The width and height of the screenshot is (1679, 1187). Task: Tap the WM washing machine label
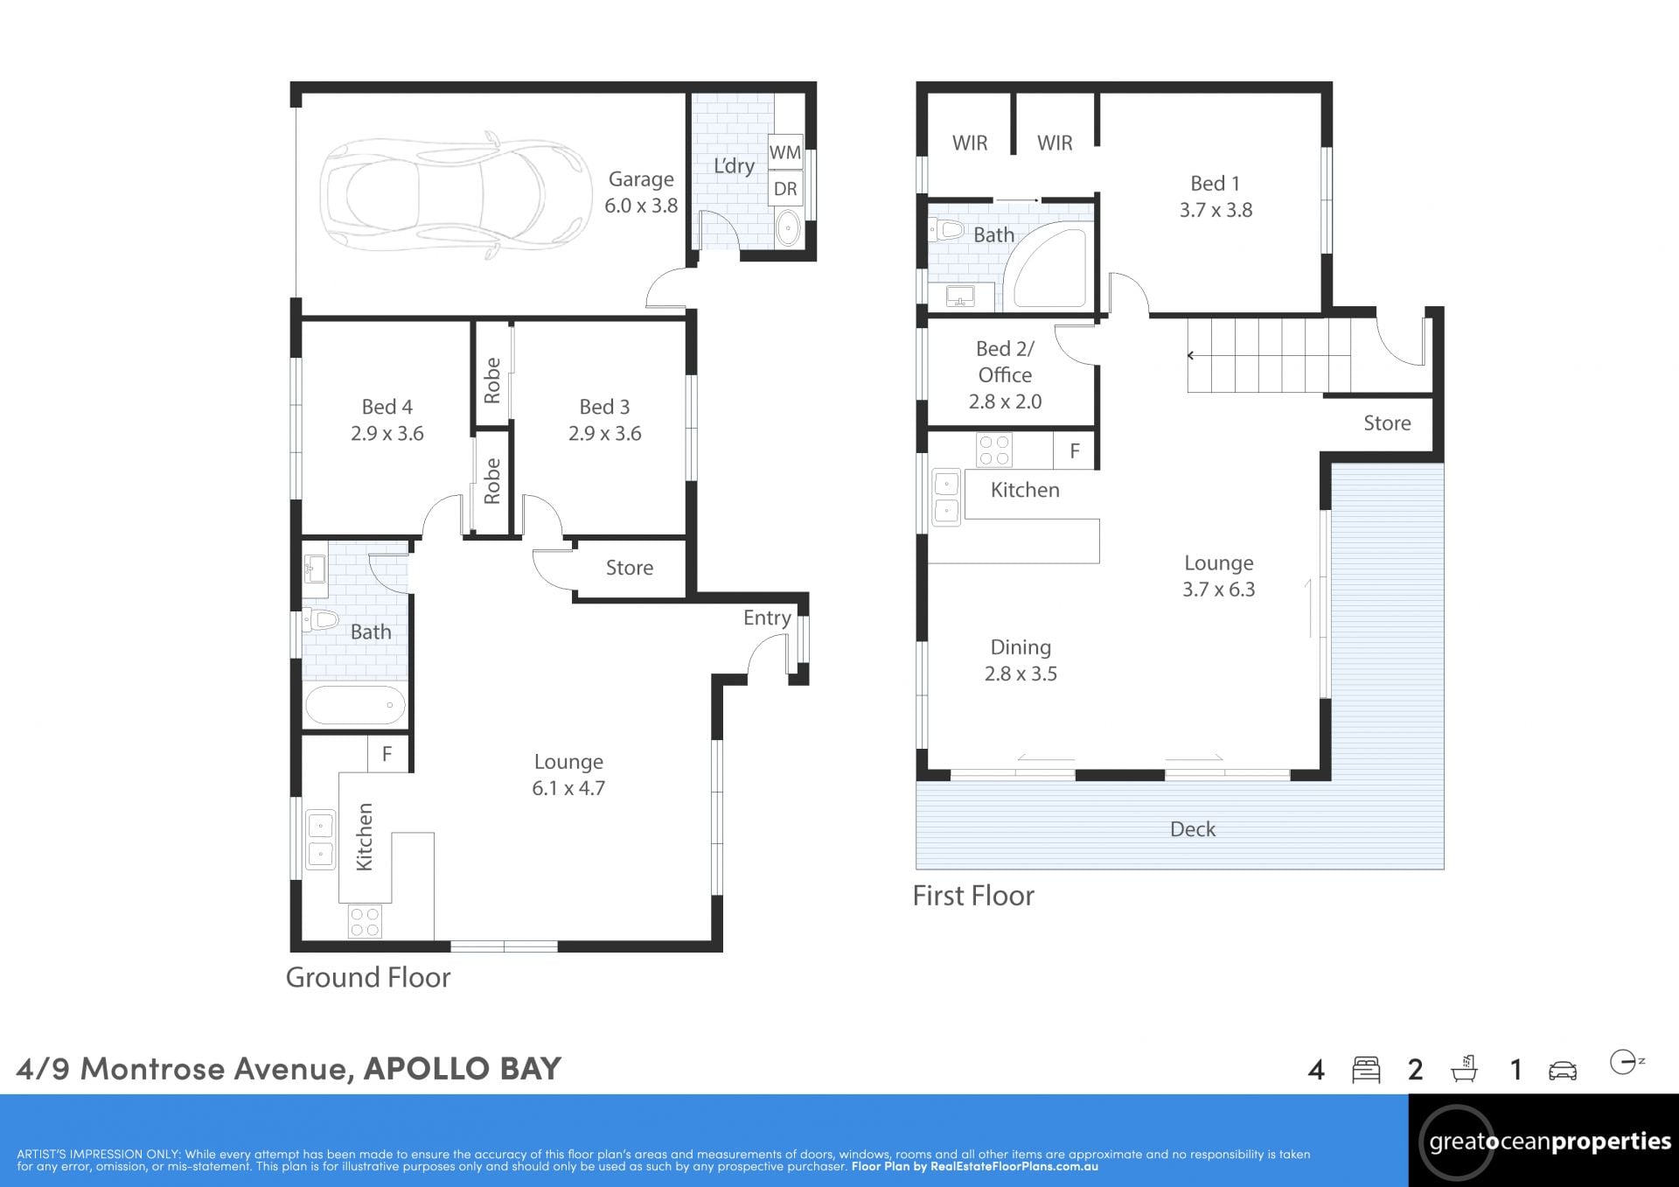[785, 152]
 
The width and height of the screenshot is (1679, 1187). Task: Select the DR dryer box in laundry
[785, 189]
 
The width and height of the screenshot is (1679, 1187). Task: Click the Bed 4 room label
[387, 407]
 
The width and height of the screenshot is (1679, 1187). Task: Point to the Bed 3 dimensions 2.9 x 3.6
[605, 434]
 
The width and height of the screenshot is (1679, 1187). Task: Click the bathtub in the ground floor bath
[355, 705]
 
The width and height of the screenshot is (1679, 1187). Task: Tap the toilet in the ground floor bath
[321, 620]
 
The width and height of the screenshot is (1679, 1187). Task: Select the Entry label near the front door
[767, 618]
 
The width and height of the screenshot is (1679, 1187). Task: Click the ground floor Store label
[630, 568]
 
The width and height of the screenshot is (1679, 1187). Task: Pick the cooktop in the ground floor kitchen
[365, 920]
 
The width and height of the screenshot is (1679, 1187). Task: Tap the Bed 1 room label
[1216, 184]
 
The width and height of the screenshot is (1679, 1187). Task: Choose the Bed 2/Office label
[1005, 361]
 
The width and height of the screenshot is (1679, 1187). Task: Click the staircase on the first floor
[1269, 355]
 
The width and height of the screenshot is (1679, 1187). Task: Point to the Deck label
[1193, 829]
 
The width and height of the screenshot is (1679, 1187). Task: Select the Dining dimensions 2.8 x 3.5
[1021, 674]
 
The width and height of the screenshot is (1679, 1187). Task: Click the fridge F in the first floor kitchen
[1075, 450]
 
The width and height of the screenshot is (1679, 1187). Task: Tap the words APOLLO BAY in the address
[463, 1068]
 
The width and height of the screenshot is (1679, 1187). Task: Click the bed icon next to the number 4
[1366, 1070]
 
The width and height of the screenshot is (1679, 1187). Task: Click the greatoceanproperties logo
[1544, 1141]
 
